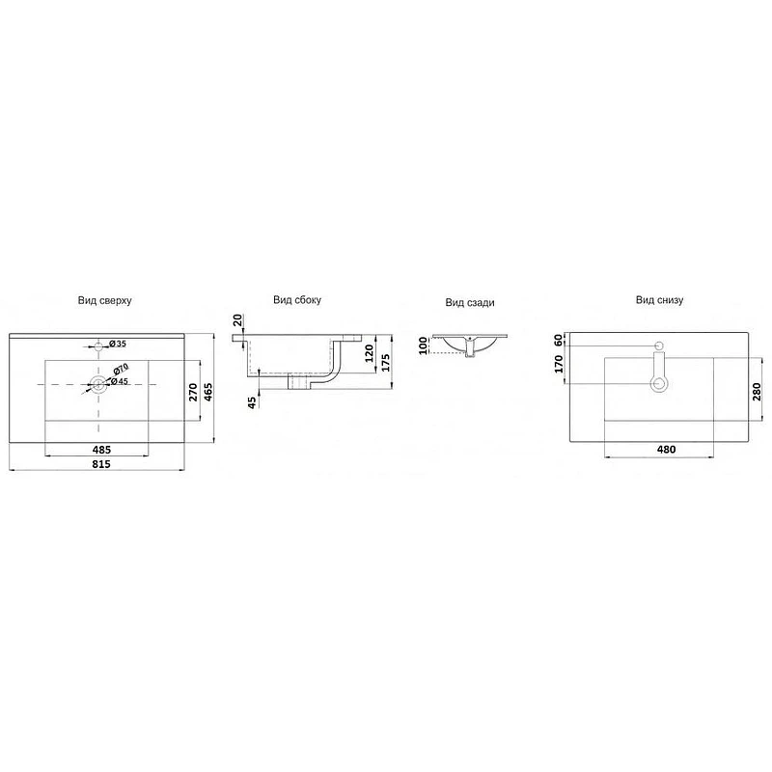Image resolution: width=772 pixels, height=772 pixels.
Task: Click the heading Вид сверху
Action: tap(104, 300)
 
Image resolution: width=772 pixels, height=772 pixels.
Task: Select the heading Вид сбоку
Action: tap(297, 300)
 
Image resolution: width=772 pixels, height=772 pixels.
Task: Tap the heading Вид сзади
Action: tap(470, 302)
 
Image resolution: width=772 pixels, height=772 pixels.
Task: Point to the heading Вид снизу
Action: tap(659, 300)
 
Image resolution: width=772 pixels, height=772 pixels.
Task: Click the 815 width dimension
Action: tap(101, 464)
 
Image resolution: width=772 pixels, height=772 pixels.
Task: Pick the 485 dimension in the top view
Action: tap(101, 450)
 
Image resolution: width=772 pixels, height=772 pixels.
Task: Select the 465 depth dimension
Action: tap(208, 392)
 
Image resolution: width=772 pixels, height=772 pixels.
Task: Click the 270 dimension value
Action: tap(193, 392)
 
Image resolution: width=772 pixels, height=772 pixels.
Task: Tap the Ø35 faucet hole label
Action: tap(118, 344)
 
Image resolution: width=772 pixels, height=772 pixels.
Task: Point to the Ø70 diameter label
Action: tap(120, 369)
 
